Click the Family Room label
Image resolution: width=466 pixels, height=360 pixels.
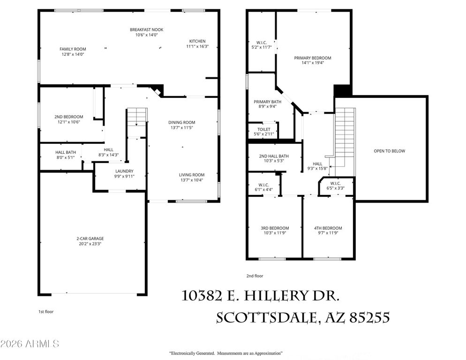(x=73, y=49)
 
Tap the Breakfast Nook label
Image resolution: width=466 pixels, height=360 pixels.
(x=146, y=30)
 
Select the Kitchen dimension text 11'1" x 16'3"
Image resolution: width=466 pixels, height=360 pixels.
(x=197, y=46)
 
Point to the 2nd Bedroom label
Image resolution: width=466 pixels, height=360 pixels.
(x=68, y=117)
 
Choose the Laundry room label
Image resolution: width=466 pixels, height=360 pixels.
(x=125, y=171)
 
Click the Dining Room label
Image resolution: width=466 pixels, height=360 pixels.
(x=181, y=122)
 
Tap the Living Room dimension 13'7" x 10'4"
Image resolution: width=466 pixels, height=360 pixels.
(x=192, y=180)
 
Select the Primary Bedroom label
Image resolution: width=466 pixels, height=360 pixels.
(x=312, y=58)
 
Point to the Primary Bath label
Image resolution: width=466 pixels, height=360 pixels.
(x=267, y=102)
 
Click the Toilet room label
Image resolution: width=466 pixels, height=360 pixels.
(x=263, y=129)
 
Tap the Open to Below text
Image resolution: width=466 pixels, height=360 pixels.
(x=389, y=151)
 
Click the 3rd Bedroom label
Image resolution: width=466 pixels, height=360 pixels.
(x=275, y=228)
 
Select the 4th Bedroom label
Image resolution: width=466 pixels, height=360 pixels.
(x=328, y=228)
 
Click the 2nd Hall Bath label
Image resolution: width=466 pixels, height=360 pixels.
(x=274, y=156)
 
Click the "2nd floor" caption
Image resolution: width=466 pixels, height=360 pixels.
(x=255, y=276)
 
